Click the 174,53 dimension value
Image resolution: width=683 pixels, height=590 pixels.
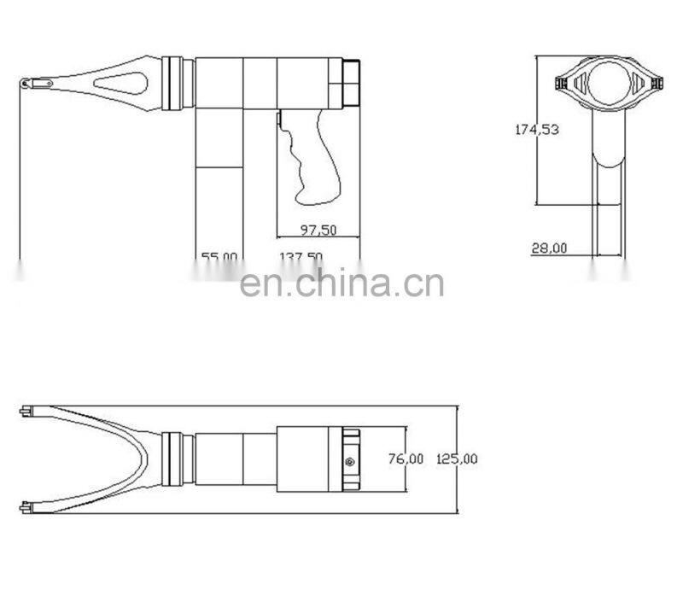point(536,130)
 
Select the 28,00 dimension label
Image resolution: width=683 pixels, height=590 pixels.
point(549,248)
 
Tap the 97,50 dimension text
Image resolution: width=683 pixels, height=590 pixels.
point(318,230)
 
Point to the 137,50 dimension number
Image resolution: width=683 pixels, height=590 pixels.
point(301,257)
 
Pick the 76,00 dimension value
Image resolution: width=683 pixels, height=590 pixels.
point(406,459)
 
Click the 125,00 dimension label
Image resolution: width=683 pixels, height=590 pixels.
point(457,459)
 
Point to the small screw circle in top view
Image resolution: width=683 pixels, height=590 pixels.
point(351,461)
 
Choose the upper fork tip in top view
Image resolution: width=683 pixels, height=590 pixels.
point(30,412)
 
